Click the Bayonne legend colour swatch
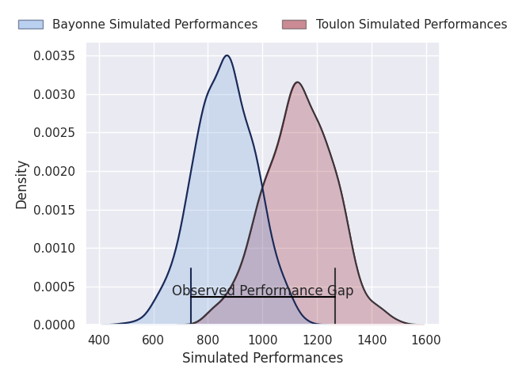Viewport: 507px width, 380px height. (x=31, y=25)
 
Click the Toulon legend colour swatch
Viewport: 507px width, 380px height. (x=294, y=25)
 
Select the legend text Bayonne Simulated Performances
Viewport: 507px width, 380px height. (x=154, y=25)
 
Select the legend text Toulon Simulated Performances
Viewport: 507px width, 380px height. (x=411, y=25)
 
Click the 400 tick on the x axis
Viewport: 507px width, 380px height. (x=99, y=340)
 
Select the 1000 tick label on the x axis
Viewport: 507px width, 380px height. (x=262, y=340)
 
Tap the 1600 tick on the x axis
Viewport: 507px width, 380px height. (x=426, y=340)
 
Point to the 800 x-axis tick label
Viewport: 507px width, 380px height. (x=208, y=340)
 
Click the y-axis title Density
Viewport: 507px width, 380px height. (x=22, y=184)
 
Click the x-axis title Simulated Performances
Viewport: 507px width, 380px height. (x=262, y=359)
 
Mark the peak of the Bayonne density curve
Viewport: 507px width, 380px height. (x=227, y=55)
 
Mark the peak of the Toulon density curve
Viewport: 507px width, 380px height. (x=297, y=82)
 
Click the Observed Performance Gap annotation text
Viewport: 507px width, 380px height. (x=262, y=291)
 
